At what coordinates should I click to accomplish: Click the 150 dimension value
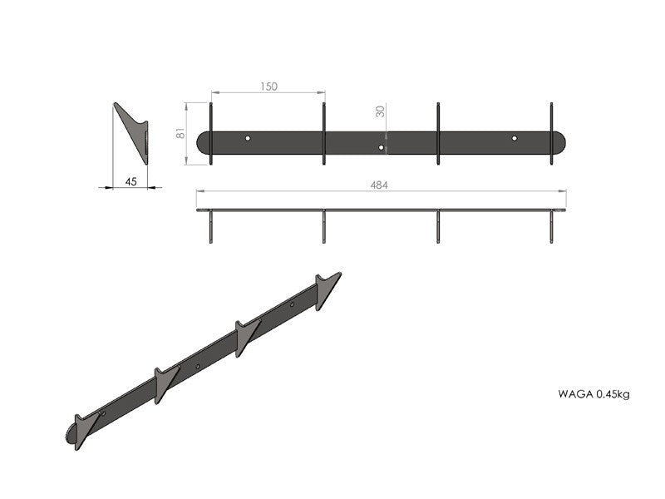pyautogui.click(x=268, y=86)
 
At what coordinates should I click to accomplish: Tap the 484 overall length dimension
pyautogui.click(x=379, y=185)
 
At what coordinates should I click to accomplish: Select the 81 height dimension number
pyautogui.click(x=180, y=133)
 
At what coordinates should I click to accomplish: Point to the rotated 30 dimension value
pyautogui.click(x=381, y=111)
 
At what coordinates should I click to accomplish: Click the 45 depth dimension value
pyautogui.click(x=131, y=181)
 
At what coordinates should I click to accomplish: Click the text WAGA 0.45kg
pyautogui.click(x=594, y=394)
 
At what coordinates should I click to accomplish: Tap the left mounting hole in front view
pyautogui.click(x=248, y=138)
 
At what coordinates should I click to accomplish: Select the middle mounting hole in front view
pyautogui.click(x=381, y=147)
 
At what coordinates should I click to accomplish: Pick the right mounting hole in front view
pyautogui.click(x=515, y=138)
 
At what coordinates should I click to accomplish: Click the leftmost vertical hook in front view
pyautogui.click(x=211, y=133)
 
